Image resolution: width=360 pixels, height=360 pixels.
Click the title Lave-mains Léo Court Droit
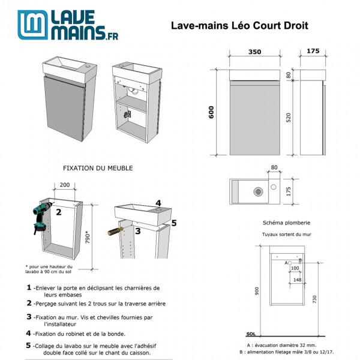pyautogui.click(x=240, y=26)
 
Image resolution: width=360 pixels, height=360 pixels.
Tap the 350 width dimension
pyautogui.click(x=254, y=52)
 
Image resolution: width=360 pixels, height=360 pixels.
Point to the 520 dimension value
pyautogui.click(x=288, y=118)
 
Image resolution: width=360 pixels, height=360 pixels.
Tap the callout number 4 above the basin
pyautogui.click(x=158, y=203)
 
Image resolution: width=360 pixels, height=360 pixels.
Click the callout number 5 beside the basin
pyautogui.click(x=174, y=223)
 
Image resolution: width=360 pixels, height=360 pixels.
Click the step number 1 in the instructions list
pyautogui.click(x=29, y=287)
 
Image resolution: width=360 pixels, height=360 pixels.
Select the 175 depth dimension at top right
pyautogui.click(x=312, y=52)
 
